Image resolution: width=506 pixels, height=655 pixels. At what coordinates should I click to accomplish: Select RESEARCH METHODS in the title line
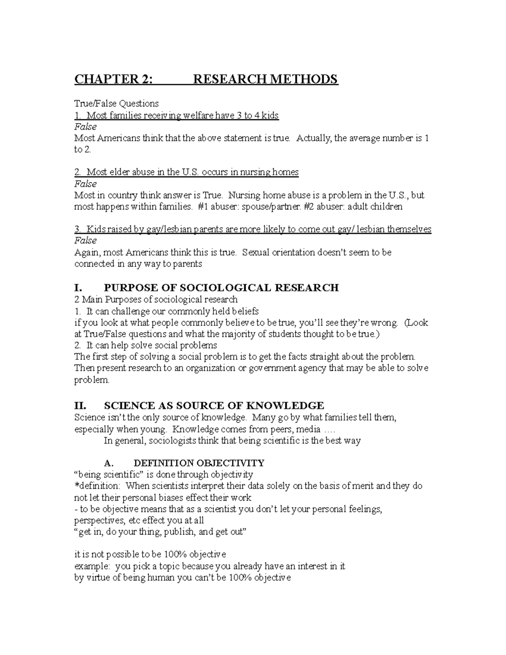[265, 79]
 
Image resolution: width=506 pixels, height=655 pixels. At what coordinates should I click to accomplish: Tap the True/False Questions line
[116, 103]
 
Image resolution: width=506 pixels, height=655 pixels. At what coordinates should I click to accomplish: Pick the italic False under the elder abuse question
[85, 184]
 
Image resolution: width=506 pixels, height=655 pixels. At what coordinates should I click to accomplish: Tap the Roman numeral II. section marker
[80, 406]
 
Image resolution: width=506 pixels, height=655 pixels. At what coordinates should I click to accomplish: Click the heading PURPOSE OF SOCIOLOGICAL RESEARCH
[221, 288]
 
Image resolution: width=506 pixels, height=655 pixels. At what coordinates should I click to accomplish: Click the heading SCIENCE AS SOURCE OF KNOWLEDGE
[214, 406]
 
